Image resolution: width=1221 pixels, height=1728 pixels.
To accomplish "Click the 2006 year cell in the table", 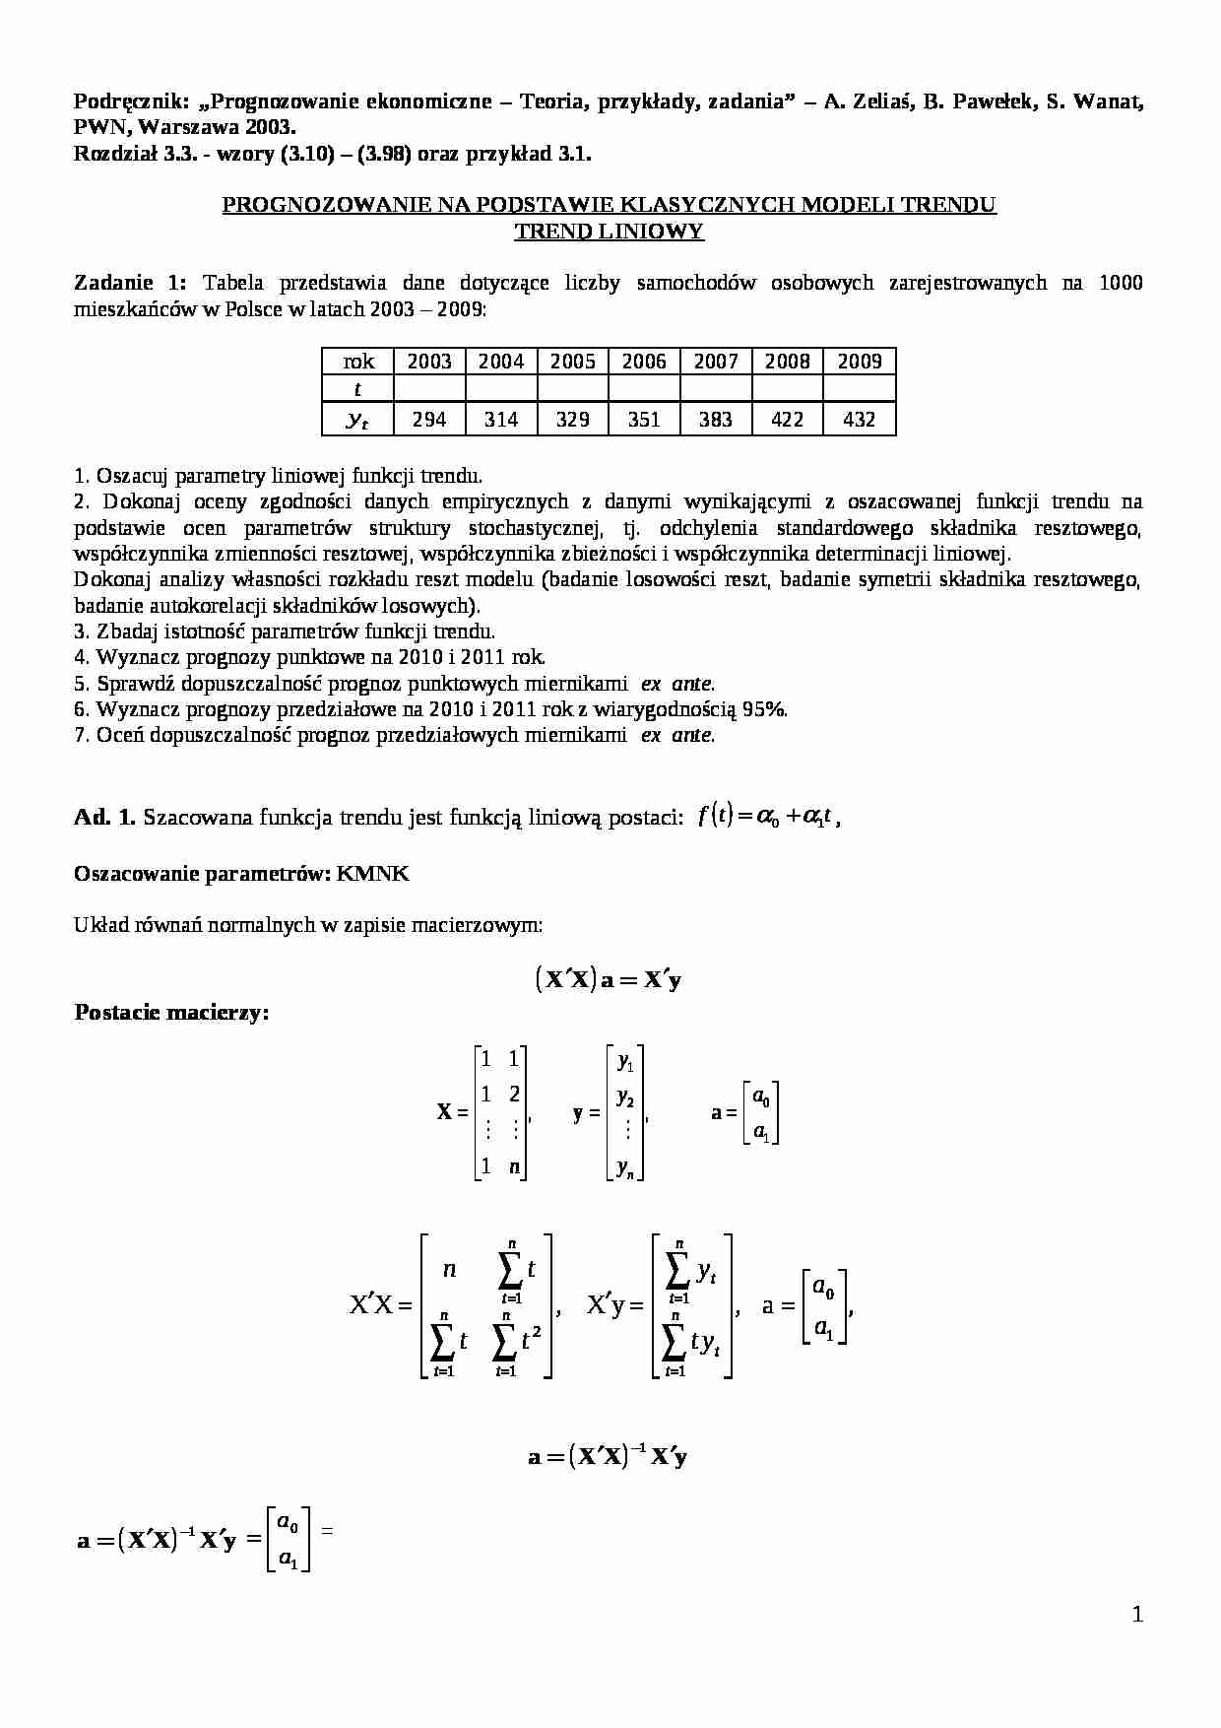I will [x=644, y=362].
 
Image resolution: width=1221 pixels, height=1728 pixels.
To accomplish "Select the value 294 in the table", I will [x=429, y=420].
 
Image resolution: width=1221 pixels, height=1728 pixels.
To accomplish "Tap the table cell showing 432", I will [x=860, y=420].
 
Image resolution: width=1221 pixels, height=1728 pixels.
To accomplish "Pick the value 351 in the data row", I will [x=644, y=420].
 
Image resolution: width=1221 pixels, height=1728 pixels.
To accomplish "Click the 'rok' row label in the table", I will [x=357, y=362].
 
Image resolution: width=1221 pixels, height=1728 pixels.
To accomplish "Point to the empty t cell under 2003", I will [x=429, y=390].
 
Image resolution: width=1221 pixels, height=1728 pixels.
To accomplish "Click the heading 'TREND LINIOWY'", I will [x=610, y=232].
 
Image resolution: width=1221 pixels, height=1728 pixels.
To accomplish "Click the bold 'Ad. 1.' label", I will [x=105, y=817].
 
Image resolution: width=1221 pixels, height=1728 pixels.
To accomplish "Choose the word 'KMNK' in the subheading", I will [x=372, y=873].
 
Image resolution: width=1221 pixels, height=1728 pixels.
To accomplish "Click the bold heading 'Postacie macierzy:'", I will [x=171, y=1013].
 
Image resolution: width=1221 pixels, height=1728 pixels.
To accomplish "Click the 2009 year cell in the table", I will [x=860, y=362].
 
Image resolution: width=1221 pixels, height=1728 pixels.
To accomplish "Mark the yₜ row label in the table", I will [x=357, y=420].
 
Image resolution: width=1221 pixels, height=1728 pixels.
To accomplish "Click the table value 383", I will [x=716, y=420].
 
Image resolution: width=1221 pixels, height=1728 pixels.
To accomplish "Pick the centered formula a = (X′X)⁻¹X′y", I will [x=609, y=1456].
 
